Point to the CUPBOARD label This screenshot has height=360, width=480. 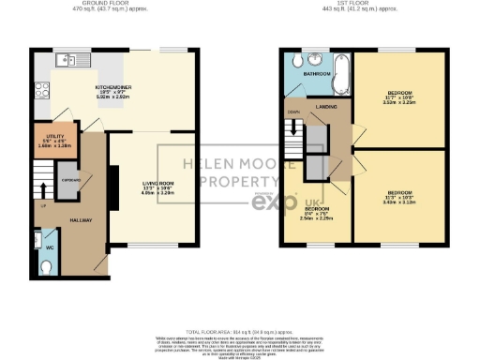70,177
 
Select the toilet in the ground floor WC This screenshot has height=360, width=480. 48,265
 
